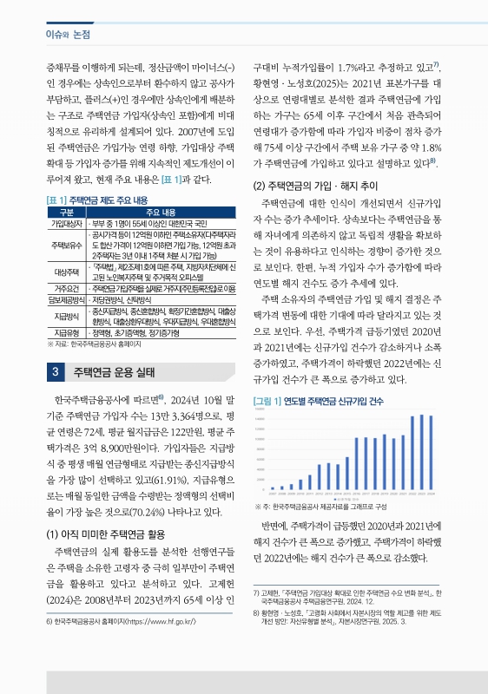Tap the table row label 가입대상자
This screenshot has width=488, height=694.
(67, 224)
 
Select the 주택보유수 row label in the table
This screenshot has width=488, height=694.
(67, 244)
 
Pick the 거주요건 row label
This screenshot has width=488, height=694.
(67, 288)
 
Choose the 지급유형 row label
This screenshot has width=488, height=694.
(67, 332)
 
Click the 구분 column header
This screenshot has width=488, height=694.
(67, 213)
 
